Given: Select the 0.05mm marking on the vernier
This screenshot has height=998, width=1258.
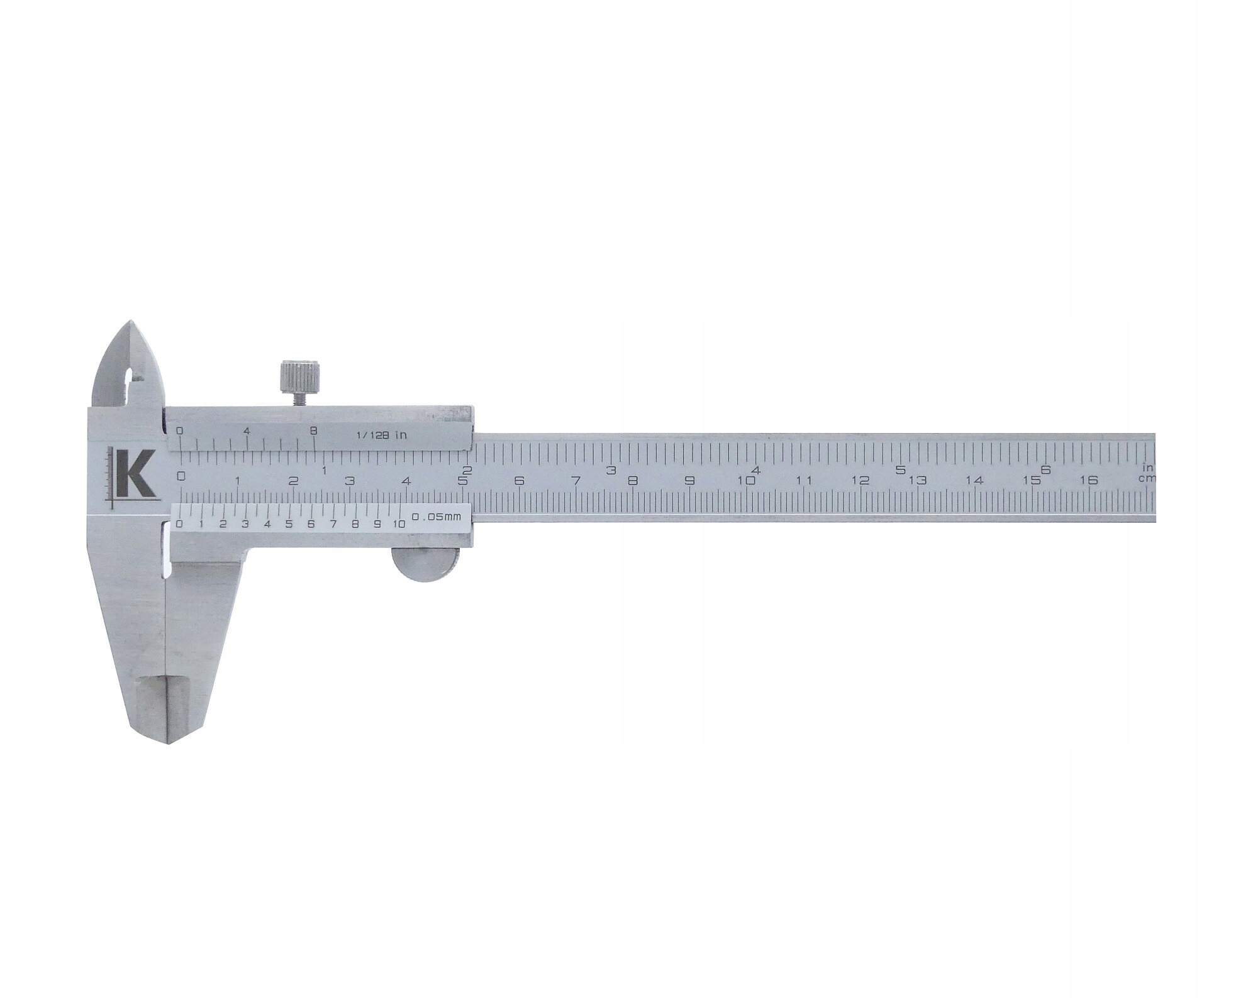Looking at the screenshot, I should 436,517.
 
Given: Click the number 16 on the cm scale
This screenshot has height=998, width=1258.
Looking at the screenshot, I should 1088,480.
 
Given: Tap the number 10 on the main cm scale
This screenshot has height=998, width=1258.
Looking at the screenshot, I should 747,481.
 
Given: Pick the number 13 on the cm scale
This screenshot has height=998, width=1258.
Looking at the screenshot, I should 918,481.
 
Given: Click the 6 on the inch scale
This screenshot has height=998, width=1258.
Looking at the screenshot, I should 1045,469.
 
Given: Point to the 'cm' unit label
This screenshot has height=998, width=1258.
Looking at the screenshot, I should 1146,478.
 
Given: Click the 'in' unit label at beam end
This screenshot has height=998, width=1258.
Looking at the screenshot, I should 1147,467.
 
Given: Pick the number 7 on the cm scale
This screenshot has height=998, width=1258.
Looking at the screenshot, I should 576,481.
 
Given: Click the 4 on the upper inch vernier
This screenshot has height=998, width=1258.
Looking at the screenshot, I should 247,431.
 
